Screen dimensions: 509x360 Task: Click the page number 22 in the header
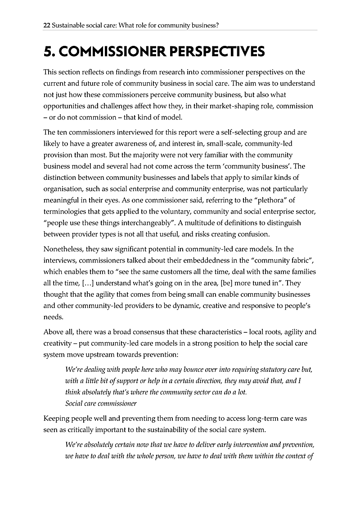[x=46, y=26]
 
